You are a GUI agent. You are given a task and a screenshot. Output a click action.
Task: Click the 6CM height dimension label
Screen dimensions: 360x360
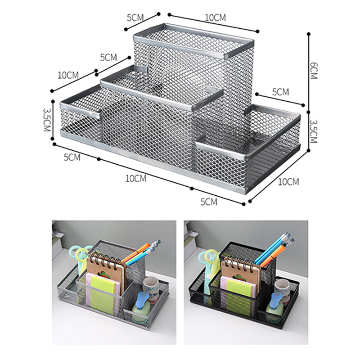point(313,71)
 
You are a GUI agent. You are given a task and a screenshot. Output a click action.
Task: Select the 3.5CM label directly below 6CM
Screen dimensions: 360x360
point(313,131)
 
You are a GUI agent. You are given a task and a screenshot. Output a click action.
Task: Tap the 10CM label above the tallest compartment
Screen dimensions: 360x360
point(216,18)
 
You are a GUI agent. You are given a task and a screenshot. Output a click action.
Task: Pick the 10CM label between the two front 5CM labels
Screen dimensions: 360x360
point(136,178)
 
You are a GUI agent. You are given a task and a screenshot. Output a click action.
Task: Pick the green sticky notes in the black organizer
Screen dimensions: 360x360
point(238,296)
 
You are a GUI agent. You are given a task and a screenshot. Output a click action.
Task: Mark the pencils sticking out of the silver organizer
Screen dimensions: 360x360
point(141,252)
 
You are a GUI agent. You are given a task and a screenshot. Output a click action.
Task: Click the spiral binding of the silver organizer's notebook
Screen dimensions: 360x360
point(105,260)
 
